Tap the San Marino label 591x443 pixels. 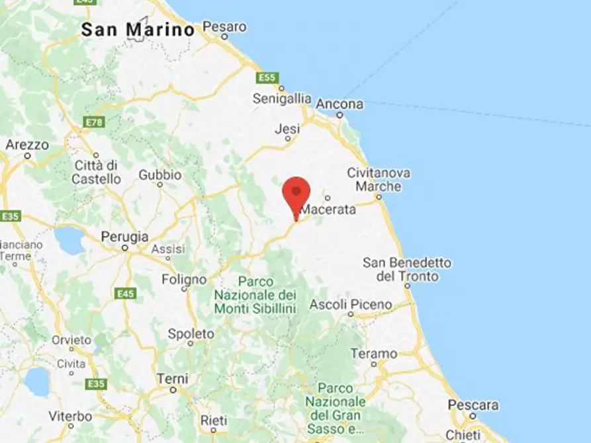[x=138, y=30]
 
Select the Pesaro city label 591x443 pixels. [x=224, y=27]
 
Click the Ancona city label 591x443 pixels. [x=340, y=104]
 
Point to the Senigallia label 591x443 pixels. [x=282, y=99]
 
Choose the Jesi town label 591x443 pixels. [x=287, y=130]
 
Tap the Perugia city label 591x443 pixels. [x=124, y=237]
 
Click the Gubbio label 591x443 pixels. [x=159, y=175]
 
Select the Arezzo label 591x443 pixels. [x=27, y=145]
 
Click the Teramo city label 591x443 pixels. [x=373, y=354]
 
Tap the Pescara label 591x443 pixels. [x=473, y=405]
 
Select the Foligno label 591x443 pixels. [x=184, y=280]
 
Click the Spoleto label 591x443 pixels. [x=191, y=334]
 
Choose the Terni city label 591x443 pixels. [x=172, y=379]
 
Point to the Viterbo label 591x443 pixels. [x=70, y=417]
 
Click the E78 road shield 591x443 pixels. [x=95, y=122]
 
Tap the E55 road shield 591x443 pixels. [x=267, y=78]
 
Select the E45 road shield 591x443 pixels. [x=125, y=293]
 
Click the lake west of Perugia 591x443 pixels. [x=69, y=240]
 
